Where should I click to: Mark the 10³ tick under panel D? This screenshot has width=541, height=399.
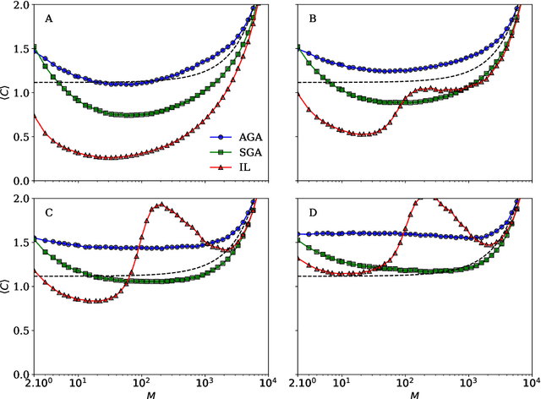coord(469,384)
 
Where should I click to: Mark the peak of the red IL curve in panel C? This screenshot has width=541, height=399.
coord(160,204)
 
